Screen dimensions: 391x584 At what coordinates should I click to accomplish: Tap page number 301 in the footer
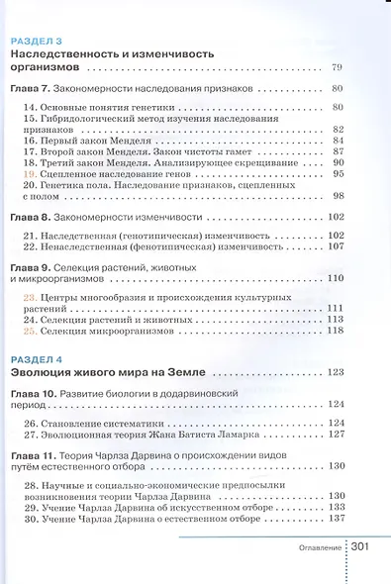click(x=360, y=546)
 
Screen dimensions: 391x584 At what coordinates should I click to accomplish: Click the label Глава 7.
click(x=30, y=89)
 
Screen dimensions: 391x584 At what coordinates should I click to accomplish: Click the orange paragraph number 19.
click(x=29, y=172)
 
